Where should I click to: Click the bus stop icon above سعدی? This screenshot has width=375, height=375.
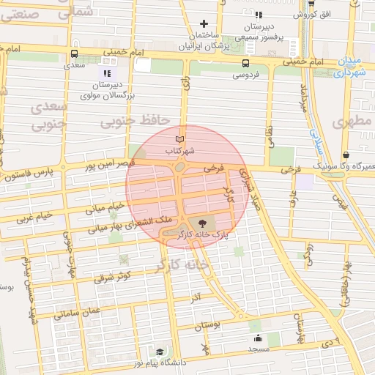coord(74,53)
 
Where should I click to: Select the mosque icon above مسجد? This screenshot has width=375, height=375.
coord(259,338)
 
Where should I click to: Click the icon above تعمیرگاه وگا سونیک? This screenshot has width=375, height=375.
coord(346,155)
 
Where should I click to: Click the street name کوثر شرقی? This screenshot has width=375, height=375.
coord(112,276)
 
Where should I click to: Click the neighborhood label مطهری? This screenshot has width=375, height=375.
coord(353,122)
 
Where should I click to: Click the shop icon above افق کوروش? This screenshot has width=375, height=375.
coord(311,3)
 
